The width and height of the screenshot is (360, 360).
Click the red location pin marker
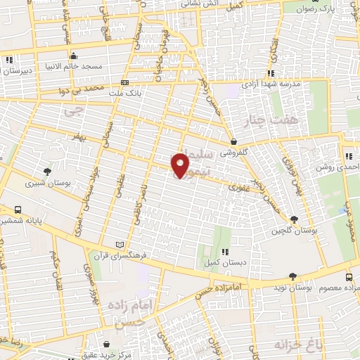(x=181, y=165)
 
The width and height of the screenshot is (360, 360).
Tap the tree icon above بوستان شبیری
(x=47, y=171)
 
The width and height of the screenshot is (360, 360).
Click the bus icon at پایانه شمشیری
(x=18, y=209)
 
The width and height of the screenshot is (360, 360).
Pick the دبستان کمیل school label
(x=224, y=262)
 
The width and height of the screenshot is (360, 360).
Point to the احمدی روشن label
(x=337, y=167)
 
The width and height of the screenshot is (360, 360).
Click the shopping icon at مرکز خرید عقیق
(x=105, y=345)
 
